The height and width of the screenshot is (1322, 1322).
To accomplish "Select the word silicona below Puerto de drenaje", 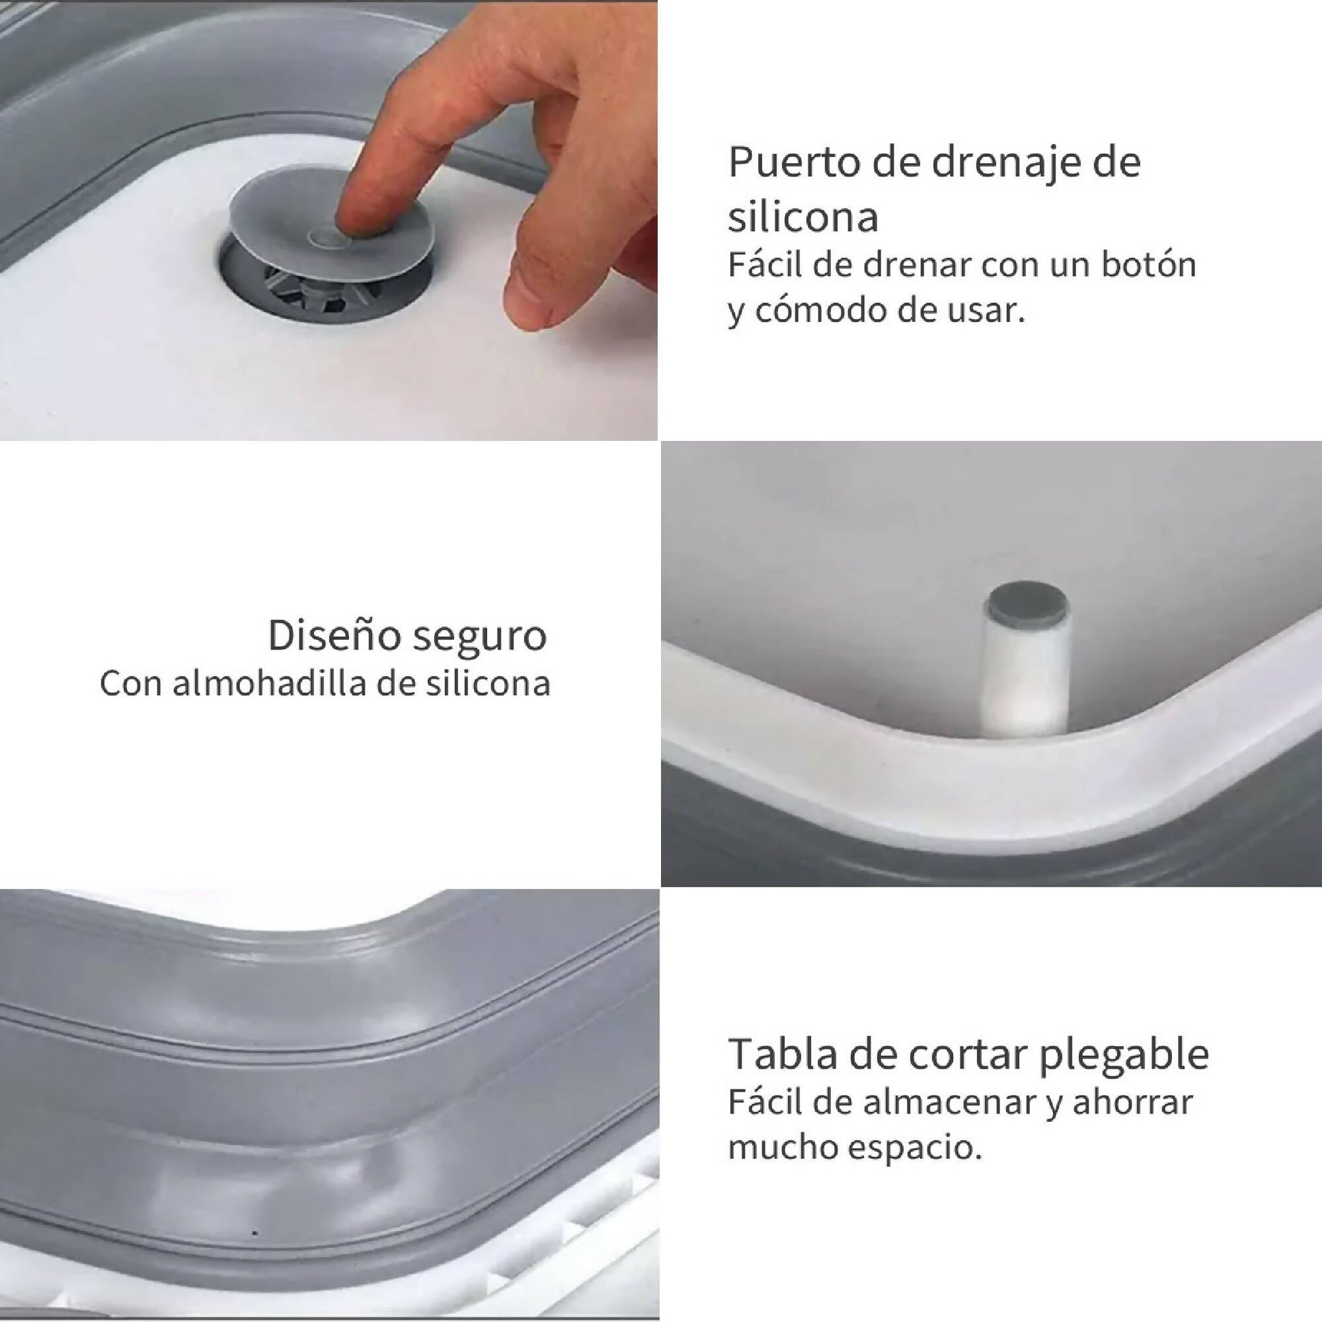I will click(x=803, y=217).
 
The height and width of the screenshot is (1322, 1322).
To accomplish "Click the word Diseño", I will click(x=334, y=635).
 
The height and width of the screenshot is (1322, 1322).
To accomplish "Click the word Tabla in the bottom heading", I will click(x=781, y=1054).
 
